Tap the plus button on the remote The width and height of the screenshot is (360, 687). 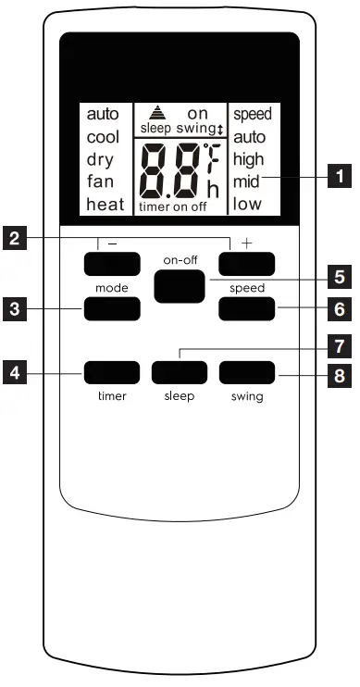click(x=247, y=265)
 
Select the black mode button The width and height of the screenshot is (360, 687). click(x=111, y=308)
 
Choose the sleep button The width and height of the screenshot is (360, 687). click(x=179, y=373)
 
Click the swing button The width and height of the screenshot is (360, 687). click(x=247, y=373)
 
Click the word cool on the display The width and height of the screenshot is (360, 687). click(x=103, y=137)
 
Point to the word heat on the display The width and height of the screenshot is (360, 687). click(x=106, y=205)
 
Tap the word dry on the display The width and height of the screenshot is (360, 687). click(x=100, y=159)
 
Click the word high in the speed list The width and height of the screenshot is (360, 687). click(x=249, y=159)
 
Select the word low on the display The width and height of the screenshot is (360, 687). click(x=247, y=204)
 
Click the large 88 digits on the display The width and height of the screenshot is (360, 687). click(x=171, y=172)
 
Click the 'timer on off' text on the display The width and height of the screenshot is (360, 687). click(x=173, y=207)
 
